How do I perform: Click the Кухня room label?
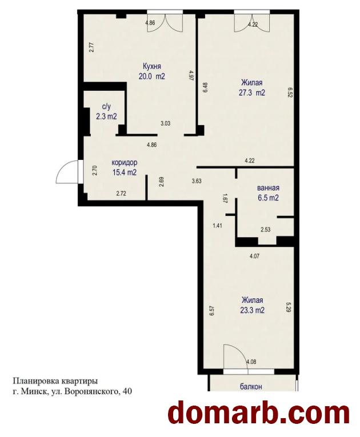point(151,66)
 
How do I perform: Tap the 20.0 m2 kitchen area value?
point(151,76)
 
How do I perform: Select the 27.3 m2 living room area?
point(252,93)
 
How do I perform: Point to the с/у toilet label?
point(107,106)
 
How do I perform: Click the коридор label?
point(125,162)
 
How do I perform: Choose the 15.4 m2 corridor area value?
point(125,173)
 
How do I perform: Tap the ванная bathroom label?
point(268,188)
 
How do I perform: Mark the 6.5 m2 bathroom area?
point(268,198)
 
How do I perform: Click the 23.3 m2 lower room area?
point(252,310)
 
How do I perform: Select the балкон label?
point(251,387)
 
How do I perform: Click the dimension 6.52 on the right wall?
point(290,92)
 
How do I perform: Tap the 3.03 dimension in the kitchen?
point(166,123)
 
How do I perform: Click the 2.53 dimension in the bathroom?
point(266,230)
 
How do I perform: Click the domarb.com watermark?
point(259,414)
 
